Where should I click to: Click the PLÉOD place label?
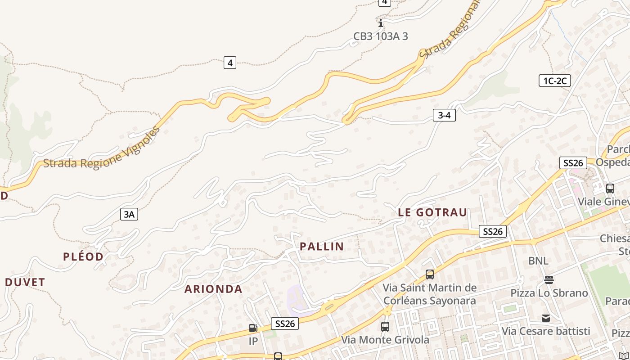click(83, 256)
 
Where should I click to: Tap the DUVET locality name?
click(25, 282)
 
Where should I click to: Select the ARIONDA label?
click(213, 289)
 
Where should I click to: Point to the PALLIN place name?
click(322, 246)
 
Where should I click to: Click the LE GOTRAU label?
click(432, 212)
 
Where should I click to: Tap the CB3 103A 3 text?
click(380, 36)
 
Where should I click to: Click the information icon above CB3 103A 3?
click(381, 22)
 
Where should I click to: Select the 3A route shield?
click(129, 214)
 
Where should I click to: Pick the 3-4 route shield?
click(444, 115)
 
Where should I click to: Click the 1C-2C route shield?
click(555, 81)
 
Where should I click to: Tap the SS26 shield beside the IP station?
click(285, 324)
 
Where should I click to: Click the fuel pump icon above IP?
click(253, 328)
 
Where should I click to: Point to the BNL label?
click(538, 261)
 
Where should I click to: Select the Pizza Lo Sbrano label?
click(549, 293)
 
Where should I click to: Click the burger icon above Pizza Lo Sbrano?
click(549, 280)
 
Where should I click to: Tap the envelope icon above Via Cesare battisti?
click(546, 318)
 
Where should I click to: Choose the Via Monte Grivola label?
click(385, 340)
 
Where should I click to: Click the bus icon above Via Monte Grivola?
click(385, 327)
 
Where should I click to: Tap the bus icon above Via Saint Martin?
click(430, 274)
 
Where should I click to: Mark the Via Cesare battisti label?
click(546, 331)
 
